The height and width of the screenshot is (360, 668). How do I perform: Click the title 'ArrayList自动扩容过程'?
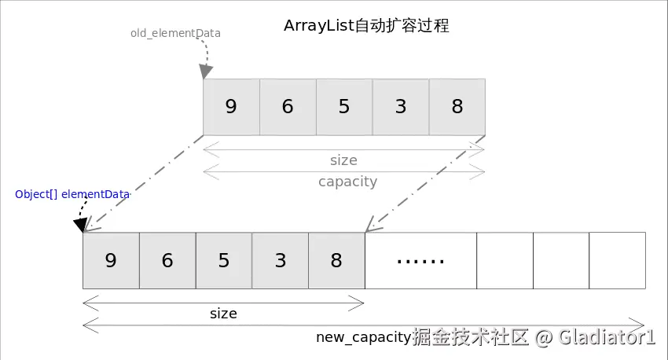tap(366, 26)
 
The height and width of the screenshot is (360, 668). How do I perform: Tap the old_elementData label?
tap(175, 33)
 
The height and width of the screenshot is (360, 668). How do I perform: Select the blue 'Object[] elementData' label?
tap(72, 194)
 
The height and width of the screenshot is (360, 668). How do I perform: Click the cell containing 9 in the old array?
tap(231, 107)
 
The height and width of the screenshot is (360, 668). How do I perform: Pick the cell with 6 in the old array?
tap(288, 107)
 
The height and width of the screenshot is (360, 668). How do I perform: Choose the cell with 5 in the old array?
tap(344, 107)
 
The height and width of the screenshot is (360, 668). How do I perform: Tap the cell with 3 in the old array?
tap(401, 107)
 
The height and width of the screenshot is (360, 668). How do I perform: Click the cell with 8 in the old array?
tap(457, 107)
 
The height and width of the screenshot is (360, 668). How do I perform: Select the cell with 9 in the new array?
tap(111, 261)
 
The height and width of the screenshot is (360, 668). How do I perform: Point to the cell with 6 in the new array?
tap(167, 261)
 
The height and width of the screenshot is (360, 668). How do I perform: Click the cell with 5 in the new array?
tap(224, 261)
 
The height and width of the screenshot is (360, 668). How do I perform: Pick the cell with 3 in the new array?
tap(281, 261)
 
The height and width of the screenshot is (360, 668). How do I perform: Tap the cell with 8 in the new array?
tap(336, 261)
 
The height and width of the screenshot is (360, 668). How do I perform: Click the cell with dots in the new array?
tap(421, 261)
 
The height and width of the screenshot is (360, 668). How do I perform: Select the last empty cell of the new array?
tap(617, 261)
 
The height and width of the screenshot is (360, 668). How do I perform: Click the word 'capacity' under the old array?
tap(347, 182)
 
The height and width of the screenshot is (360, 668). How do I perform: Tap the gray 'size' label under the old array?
tap(343, 160)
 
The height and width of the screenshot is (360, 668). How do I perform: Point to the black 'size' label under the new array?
tap(223, 314)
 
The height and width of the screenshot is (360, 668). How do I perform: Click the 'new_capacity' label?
tap(363, 337)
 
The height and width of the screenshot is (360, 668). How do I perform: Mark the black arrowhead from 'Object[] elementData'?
tap(80, 225)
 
